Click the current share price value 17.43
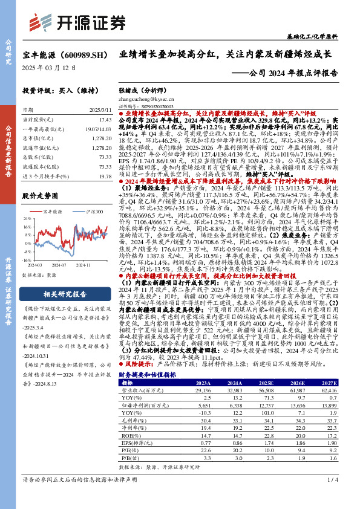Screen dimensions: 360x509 (105, 120)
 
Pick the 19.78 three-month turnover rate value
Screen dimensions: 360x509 (105, 177)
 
